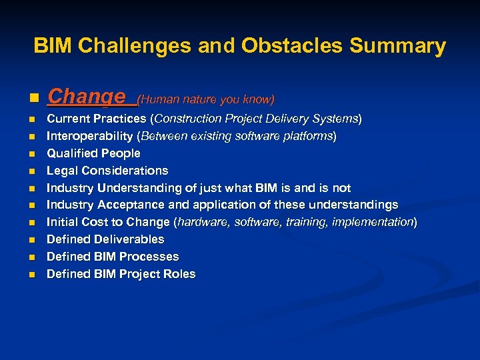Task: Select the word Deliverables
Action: point(129,239)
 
